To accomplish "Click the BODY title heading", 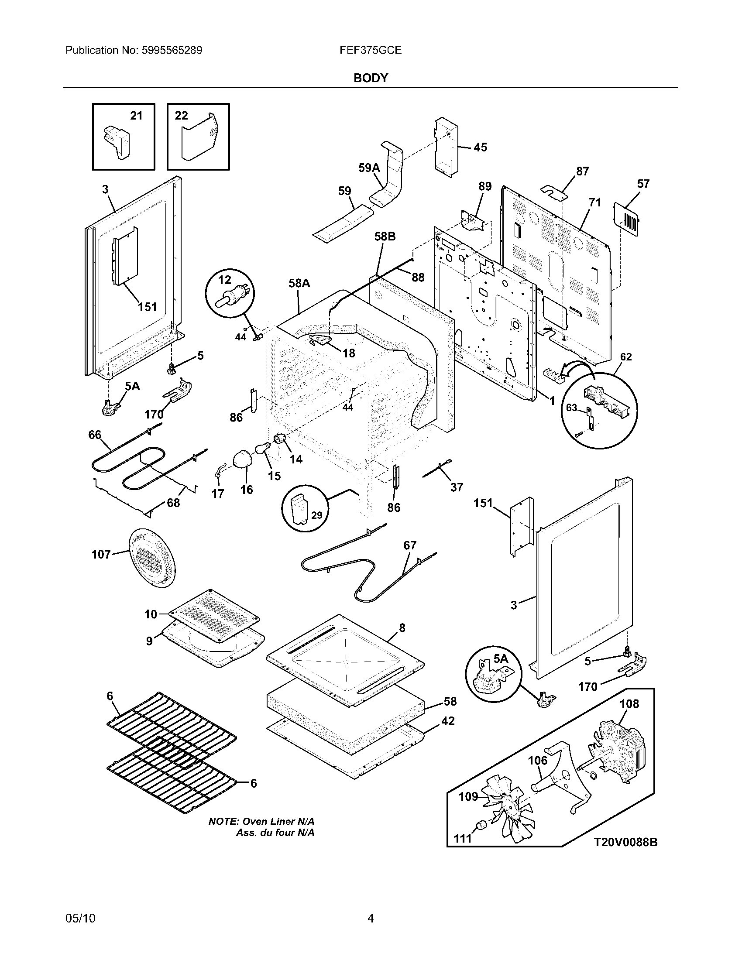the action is pos(371,78).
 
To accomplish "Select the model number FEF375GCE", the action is pos(371,50).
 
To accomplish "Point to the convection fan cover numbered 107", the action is pos(151,558).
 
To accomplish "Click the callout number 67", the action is pos(410,545).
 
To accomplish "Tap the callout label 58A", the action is pos(299,284).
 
